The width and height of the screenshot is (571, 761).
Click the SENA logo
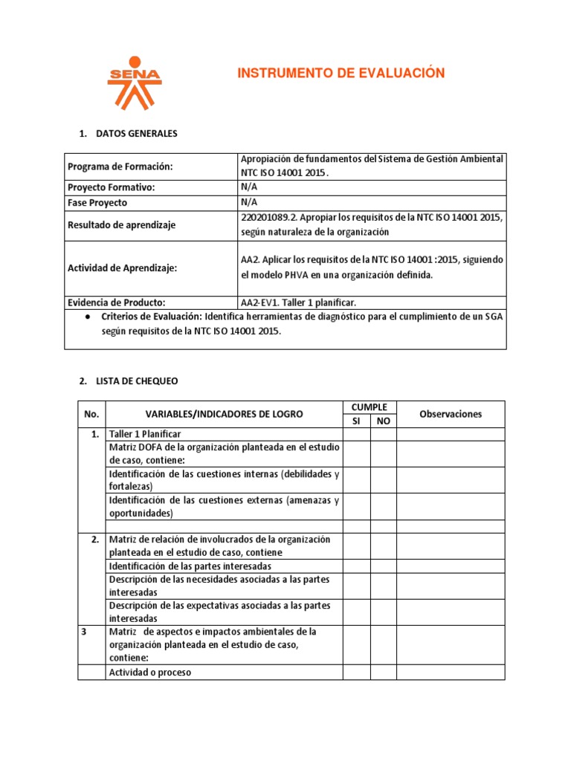point(134,82)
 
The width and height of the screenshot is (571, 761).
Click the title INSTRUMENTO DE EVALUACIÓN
point(341,73)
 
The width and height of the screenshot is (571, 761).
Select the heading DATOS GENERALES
point(137,134)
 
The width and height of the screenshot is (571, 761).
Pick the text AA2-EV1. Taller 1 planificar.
point(297,302)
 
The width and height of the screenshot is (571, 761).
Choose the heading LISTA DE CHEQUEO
point(137,380)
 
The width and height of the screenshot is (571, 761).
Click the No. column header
point(91,414)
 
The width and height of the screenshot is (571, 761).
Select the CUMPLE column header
point(370,407)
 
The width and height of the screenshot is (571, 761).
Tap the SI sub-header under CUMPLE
point(356,421)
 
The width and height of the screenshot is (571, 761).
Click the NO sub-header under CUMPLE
point(384,421)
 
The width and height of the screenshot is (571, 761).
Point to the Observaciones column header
point(451,414)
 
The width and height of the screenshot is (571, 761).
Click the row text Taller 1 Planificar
point(145,434)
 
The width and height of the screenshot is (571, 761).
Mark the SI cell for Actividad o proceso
point(356,672)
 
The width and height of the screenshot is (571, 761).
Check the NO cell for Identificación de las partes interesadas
point(384,566)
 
